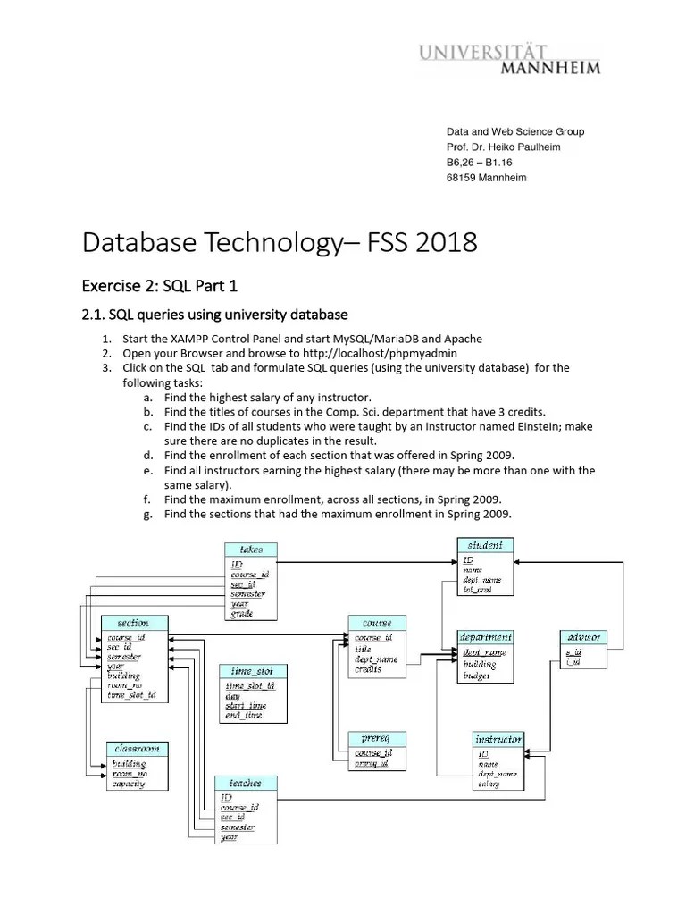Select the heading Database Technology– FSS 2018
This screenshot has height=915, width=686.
pos(280,241)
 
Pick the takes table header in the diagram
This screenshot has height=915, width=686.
pos(251,550)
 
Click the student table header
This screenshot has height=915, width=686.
pos(485,545)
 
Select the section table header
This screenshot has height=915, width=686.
pos(134,623)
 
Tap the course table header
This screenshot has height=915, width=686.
pos(377,623)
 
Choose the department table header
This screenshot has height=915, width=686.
pos(485,637)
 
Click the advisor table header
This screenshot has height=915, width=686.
pos(584,637)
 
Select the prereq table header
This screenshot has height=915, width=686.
pos(375,739)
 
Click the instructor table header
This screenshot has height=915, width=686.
pos(498,740)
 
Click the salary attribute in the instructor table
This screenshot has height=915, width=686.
pos(489,785)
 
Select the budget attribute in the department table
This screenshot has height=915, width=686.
pos(476,676)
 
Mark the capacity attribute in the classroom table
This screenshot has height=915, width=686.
pos(128,784)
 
